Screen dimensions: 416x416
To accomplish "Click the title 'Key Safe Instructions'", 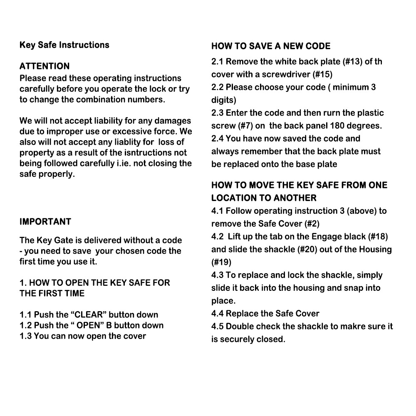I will tap(64, 45).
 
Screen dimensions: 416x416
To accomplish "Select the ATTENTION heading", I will tap(45, 66).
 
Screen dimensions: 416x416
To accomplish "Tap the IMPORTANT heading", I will tap(45, 222).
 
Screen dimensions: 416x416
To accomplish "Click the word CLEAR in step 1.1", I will tap(89, 315).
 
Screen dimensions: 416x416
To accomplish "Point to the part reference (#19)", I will tap(221, 262).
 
